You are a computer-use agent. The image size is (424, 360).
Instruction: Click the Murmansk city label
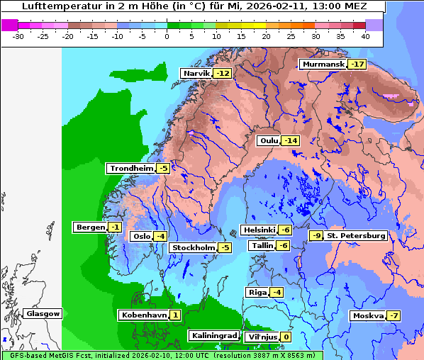pyautogui.click(x=323, y=64)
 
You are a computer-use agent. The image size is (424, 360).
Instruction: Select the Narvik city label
pyautogui.click(x=197, y=74)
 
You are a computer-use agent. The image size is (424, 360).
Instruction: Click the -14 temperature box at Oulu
pyautogui.click(x=291, y=141)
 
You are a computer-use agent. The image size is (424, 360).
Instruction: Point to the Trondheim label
pyautogui.click(x=131, y=169)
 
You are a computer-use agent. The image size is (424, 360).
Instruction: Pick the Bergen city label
pyautogui.click(x=89, y=227)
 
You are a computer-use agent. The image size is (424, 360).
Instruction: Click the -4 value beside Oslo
pyautogui.click(x=161, y=237)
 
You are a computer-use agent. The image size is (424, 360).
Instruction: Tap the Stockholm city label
pyautogui.click(x=193, y=247)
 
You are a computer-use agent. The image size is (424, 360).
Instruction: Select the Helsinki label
pyautogui.click(x=259, y=230)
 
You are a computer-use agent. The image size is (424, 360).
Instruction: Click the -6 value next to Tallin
pyautogui.click(x=284, y=246)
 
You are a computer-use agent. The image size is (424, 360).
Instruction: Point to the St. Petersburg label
pyautogui.click(x=356, y=235)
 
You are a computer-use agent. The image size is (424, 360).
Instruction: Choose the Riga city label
pyautogui.click(x=257, y=293)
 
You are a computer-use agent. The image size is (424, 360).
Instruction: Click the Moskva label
pyautogui.click(x=368, y=316)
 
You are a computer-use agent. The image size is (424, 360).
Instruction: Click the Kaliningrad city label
pyautogui.click(x=213, y=335)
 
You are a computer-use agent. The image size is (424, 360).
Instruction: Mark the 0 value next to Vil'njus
pyautogui.click(x=286, y=337)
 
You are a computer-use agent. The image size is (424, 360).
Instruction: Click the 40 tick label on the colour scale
pyautogui.click(x=365, y=35)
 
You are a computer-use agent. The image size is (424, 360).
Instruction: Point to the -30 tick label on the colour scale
pyautogui.click(x=18, y=35)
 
